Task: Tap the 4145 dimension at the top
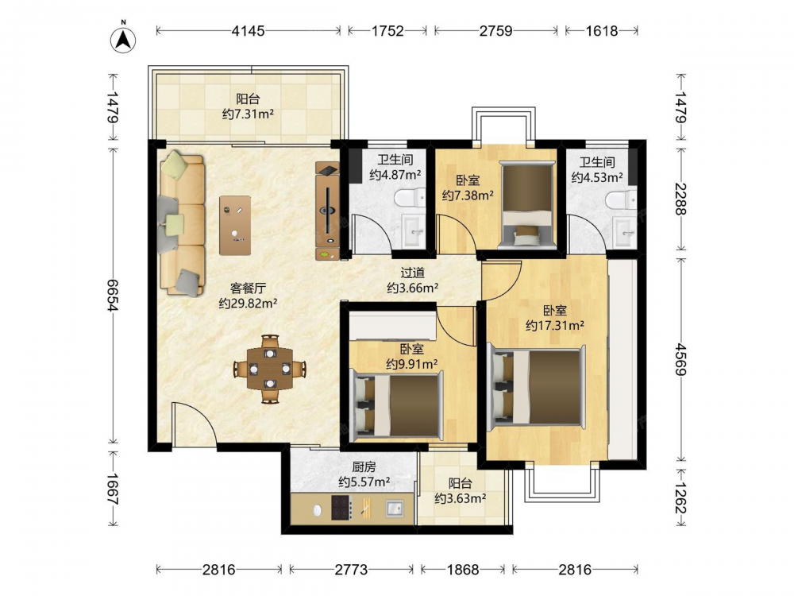[248, 31]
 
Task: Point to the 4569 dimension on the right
[680, 359]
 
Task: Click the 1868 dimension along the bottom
[462, 570]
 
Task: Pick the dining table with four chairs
[270, 369]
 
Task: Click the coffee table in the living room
[235, 225]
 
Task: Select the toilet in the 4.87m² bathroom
[410, 198]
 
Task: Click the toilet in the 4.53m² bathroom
[621, 199]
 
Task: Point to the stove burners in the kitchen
[341, 508]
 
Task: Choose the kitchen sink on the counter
[395, 508]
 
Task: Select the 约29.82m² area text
[248, 304]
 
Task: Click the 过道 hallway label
[413, 273]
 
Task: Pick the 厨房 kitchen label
[364, 466]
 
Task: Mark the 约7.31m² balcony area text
[248, 114]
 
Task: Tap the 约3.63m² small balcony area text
[461, 498]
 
